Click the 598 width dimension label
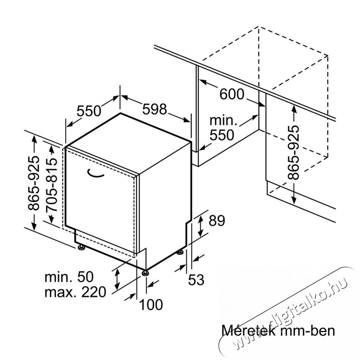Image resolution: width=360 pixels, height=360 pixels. pyautogui.click(x=155, y=109)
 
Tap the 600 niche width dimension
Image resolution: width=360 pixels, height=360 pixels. pyautogui.click(x=232, y=94)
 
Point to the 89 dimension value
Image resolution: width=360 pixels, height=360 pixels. pyautogui.click(x=217, y=221)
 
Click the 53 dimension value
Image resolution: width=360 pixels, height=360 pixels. pyautogui.click(x=196, y=280)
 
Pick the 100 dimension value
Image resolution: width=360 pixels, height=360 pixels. pyautogui.click(x=151, y=305)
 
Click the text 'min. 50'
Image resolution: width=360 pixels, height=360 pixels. pyautogui.click(x=69, y=277)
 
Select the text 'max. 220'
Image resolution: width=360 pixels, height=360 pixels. pyautogui.click(x=75, y=292)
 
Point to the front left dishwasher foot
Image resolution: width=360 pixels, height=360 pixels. pyautogui.click(x=81, y=247)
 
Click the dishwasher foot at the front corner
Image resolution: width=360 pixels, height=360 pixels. pyautogui.click(x=145, y=272)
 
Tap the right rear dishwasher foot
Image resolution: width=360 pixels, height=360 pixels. pyautogui.click(x=180, y=252)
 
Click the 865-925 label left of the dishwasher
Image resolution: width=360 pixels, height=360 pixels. pyautogui.click(x=33, y=183)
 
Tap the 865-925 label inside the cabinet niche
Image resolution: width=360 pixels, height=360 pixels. pyautogui.click(x=294, y=152)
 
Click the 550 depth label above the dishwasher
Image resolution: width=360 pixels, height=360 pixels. pyautogui.click(x=89, y=111)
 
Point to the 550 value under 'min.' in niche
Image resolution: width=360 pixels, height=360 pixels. pyautogui.click(x=222, y=135)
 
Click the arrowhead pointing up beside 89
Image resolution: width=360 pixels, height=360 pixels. pyautogui.click(x=201, y=218)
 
